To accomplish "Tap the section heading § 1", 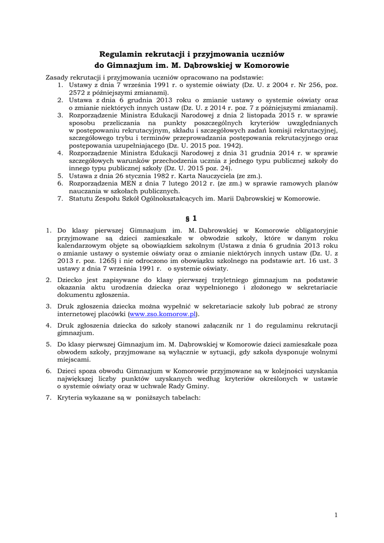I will (x=192, y=217).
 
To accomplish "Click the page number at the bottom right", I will (x=336, y=514).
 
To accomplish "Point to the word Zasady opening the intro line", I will (x=57, y=77).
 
